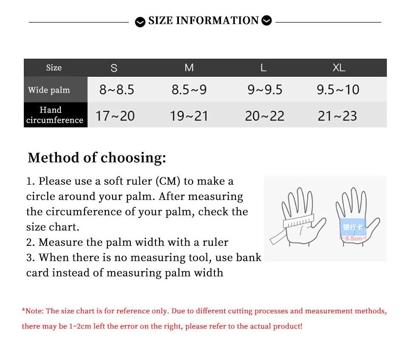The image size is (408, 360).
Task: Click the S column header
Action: (114, 68)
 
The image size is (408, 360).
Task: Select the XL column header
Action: (339, 68)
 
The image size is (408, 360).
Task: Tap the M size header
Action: (189, 68)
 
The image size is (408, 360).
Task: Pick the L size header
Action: (263, 68)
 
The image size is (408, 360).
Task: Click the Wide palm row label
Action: (49, 90)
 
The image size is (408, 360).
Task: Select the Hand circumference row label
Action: (54, 115)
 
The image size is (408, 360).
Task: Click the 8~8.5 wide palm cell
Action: (117, 90)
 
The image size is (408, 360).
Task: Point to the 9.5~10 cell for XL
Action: (338, 90)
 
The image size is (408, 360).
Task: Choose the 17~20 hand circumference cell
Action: (115, 116)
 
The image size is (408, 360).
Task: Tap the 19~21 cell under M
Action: (189, 116)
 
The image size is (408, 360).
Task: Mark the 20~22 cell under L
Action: (264, 116)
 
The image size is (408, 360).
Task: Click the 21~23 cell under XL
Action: (337, 116)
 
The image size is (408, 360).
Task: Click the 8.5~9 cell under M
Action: (189, 90)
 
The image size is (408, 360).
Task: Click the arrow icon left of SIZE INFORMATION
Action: (140, 22)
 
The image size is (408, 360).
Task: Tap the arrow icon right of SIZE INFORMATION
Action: (266, 20)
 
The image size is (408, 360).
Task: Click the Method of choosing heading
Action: (97, 158)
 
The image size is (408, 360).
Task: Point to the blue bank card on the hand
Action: (352, 227)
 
